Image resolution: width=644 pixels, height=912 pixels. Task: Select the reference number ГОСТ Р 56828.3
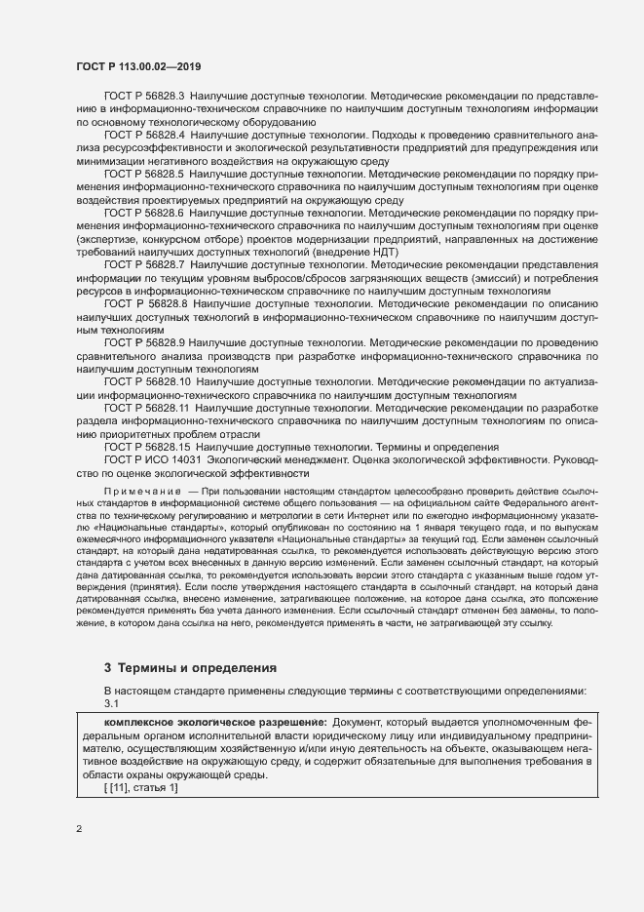pos(144,98)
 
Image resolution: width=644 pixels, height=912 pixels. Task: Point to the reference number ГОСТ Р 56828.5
pos(144,174)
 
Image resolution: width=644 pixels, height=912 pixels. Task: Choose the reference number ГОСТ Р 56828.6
pos(144,212)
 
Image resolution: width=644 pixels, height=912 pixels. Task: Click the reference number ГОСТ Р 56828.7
pos(144,263)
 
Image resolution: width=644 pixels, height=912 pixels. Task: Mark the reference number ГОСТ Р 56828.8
pos(146,305)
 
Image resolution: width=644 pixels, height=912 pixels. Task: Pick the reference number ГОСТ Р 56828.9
pos(144,343)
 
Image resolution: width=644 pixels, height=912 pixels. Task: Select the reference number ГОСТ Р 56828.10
pos(147,382)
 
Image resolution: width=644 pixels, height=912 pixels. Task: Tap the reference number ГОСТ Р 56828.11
pos(147,408)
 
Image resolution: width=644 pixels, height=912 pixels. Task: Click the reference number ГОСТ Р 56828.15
pos(147,446)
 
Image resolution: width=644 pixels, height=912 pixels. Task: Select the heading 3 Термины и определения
pos(190,668)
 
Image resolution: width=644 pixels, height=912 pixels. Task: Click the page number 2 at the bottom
pos(79,830)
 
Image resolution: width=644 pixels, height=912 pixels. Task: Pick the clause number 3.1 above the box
pos(111,703)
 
